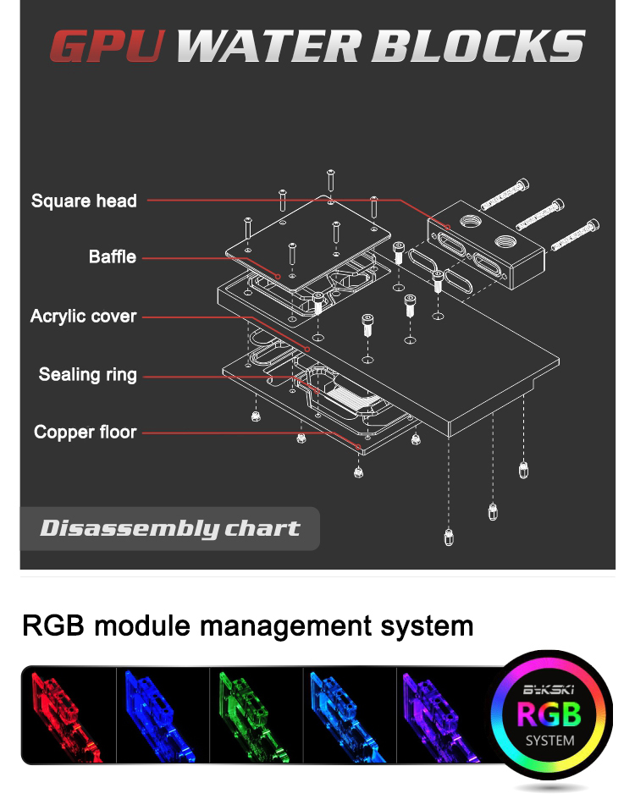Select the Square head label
pyautogui.click(x=84, y=201)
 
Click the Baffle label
pyautogui.click(x=112, y=256)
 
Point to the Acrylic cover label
pyautogui.click(x=83, y=316)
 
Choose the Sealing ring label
pyautogui.click(x=87, y=374)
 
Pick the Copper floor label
pyautogui.click(x=85, y=433)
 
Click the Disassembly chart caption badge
pyautogui.click(x=169, y=529)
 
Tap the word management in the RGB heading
pyautogui.click(x=274, y=627)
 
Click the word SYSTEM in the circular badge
pyautogui.click(x=549, y=741)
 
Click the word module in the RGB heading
pyautogui.click(x=137, y=627)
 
